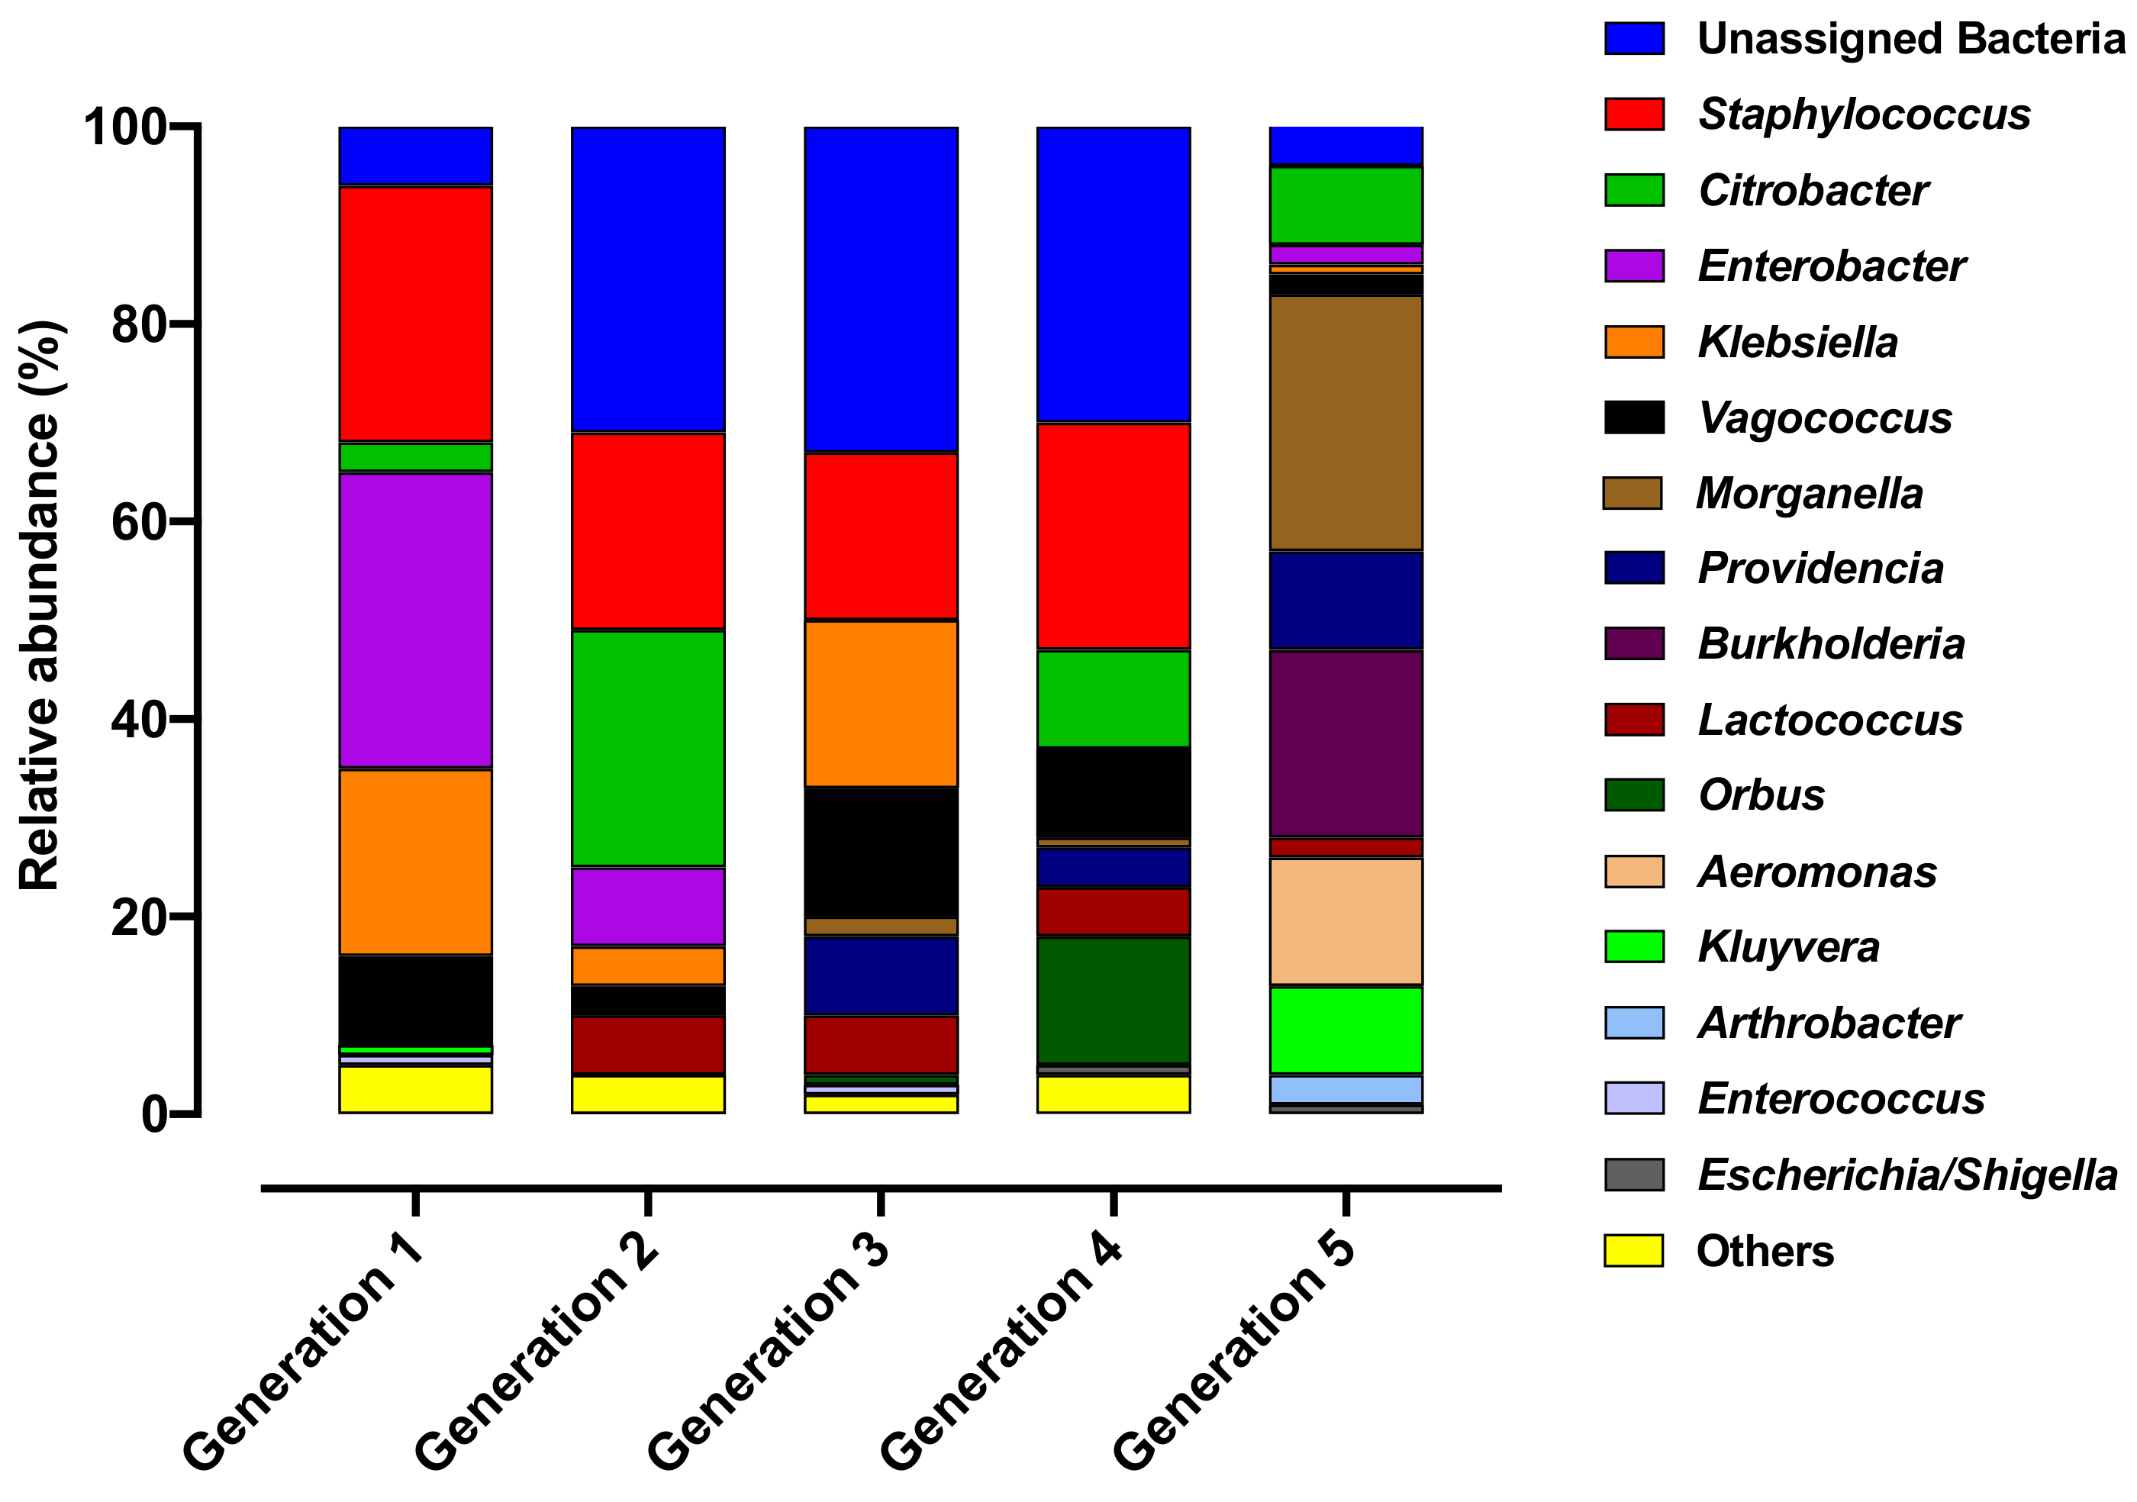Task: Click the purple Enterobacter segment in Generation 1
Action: tap(415, 620)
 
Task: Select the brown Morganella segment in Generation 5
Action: tap(1346, 424)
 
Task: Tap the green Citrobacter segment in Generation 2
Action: tap(648, 748)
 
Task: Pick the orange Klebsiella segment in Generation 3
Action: tap(881, 704)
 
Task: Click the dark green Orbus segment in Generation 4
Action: tap(1114, 1001)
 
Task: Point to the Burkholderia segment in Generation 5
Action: tap(1346, 743)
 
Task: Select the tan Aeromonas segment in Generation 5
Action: tap(1346, 921)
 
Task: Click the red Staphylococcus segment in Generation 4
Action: tap(1114, 536)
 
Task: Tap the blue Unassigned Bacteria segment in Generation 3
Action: tap(881, 289)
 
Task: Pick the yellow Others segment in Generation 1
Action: tap(415, 1089)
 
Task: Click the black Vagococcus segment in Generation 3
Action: tap(881, 853)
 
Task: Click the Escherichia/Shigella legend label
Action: tap(1907, 1175)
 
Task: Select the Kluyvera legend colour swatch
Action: tap(1633, 946)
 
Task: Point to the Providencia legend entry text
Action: tap(1820, 569)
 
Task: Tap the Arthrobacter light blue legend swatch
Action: tap(1633, 1023)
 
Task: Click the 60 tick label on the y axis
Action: tap(140, 522)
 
